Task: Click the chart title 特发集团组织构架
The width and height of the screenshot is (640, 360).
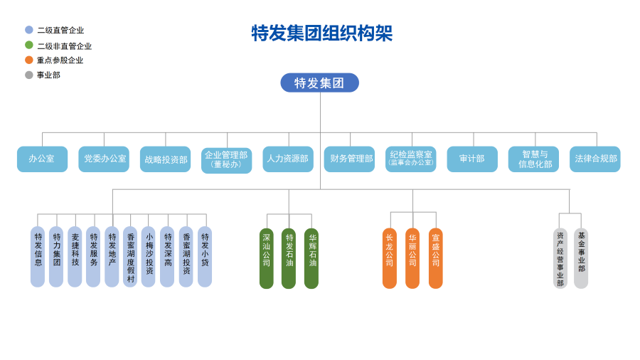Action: click(x=321, y=33)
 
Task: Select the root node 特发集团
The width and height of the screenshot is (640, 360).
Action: click(x=319, y=83)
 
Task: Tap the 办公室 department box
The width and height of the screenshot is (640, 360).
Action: click(x=42, y=159)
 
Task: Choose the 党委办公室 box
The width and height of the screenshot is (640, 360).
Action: click(x=104, y=159)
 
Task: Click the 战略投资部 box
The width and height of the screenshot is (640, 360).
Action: click(x=166, y=159)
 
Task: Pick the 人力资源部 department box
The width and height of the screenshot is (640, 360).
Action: click(x=288, y=159)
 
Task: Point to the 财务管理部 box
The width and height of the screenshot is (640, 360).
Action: click(x=349, y=159)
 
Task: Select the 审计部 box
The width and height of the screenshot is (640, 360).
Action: click(x=472, y=159)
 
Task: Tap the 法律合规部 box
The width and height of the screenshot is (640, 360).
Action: click(x=595, y=159)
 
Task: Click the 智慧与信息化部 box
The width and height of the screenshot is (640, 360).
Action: click(x=533, y=159)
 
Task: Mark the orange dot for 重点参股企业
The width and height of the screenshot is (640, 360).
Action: click(x=29, y=60)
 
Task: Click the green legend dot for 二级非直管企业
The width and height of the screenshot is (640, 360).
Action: click(x=29, y=45)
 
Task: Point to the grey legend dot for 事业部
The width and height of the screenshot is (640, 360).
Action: click(x=29, y=75)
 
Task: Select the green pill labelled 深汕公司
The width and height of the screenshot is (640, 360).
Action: click(x=267, y=258)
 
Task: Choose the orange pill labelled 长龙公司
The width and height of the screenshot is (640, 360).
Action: click(x=390, y=258)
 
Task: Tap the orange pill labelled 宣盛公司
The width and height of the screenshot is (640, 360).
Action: click(x=436, y=258)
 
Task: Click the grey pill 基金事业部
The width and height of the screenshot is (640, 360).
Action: click(x=581, y=258)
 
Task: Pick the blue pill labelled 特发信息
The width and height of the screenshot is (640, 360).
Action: click(x=38, y=256)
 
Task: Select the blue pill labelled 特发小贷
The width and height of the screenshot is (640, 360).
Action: click(x=205, y=256)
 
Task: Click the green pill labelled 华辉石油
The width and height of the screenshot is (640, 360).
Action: click(x=311, y=258)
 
